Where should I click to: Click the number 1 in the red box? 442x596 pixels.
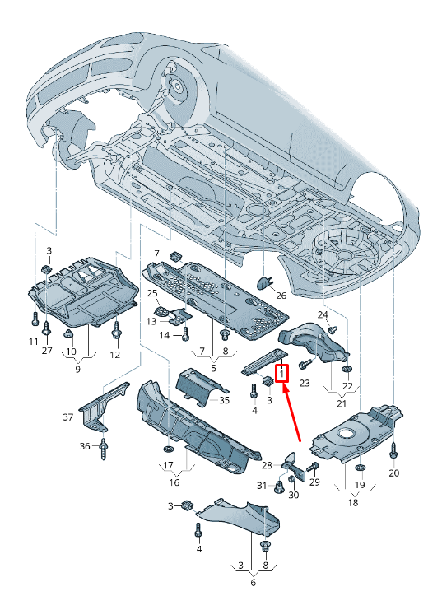click(281, 374)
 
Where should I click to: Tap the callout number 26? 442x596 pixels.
click(281, 296)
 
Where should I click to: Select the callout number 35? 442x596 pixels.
click(224, 400)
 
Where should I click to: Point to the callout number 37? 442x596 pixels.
click(68, 417)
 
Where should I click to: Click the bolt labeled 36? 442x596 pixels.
click(103, 449)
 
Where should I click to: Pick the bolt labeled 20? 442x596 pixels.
click(393, 453)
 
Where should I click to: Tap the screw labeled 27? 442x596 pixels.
click(47, 328)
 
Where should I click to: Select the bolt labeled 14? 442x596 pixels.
click(185, 334)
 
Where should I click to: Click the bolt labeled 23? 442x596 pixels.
click(304, 365)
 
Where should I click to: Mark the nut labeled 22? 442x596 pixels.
click(347, 369)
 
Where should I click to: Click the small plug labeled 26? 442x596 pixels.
click(265, 282)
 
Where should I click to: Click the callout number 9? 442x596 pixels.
click(77, 369)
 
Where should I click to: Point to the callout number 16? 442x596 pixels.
click(174, 482)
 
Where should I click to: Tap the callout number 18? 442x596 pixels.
click(353, 502)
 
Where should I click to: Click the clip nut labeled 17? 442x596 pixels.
click(168, 450)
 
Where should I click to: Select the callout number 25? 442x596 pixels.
click(152, 293)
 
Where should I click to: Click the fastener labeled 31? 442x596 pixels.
click(279, 487)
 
